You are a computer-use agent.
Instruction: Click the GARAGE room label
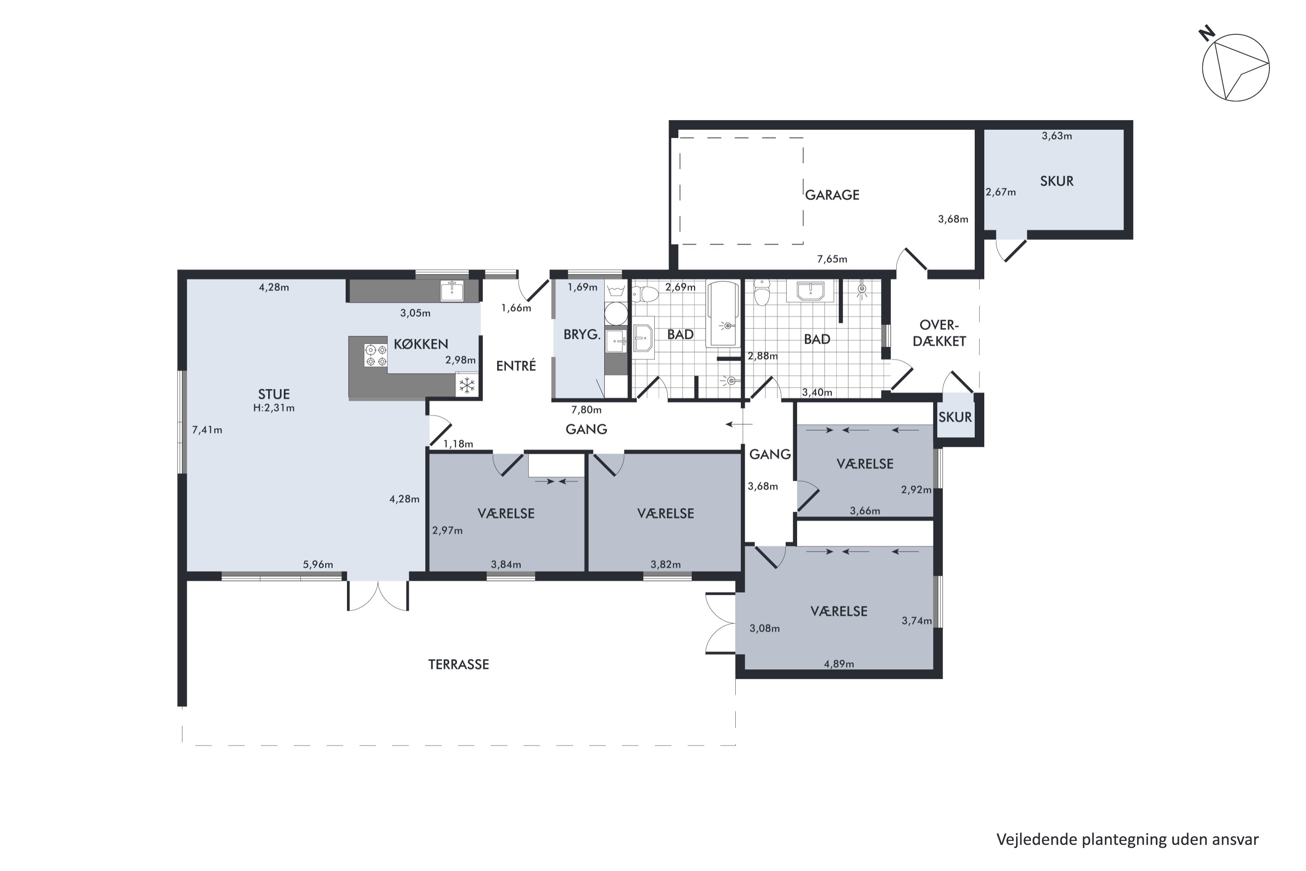pos(832,195)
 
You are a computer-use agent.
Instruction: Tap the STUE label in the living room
pos(274,395)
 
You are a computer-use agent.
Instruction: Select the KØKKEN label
pos(421,344)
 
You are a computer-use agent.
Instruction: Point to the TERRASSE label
pos(459,665)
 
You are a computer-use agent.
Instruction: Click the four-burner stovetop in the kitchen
pos(376,355)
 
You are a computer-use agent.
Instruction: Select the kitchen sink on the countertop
pos(452,290)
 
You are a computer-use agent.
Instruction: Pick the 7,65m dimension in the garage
pos(832,259)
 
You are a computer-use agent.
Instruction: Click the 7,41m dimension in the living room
pos(207,430)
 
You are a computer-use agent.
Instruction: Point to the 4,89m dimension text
pos(839,664)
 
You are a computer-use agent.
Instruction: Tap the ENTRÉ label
pos(516,365)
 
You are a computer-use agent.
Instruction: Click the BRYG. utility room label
pos(582,335)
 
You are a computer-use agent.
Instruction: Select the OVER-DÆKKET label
pos(939,333)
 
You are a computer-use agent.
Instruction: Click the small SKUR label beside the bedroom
pos(955,417)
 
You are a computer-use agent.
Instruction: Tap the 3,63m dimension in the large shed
pos(1057,136)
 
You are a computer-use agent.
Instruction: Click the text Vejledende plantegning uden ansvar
pos(1127,839)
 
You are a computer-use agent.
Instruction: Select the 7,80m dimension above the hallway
pos(586,410)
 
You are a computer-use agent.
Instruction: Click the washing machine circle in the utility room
pos(616,314)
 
